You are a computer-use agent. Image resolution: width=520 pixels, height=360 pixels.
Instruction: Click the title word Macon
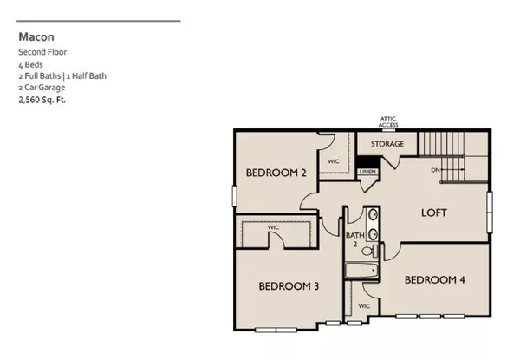(x=36, y=37)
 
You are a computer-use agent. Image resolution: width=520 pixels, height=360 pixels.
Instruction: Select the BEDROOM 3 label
(x=287, y=285)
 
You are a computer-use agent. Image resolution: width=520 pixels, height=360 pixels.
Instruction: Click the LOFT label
(x=436, y=213)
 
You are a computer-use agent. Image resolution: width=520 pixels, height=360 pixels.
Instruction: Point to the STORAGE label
(x=387, y=143)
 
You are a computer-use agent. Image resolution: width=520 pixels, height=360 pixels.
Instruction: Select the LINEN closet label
(x=367, y=173)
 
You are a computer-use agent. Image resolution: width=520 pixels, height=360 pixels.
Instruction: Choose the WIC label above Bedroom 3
(x=272, y=228)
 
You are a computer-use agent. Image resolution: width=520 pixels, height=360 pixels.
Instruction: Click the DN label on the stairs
(x=435, y=170)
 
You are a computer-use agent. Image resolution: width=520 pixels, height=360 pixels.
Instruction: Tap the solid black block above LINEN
(x=367, y=161)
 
